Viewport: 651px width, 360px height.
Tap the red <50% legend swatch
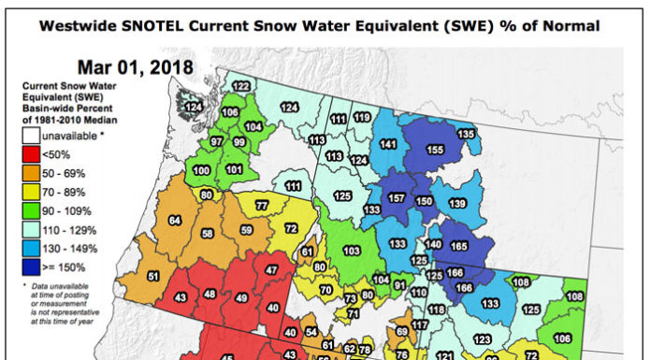[x=33, y=154]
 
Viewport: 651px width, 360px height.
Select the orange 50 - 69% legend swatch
[x=33, y=173]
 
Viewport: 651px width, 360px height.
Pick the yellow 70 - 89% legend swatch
[x=33, y=192]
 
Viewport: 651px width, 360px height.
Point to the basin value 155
[x=435, y=150]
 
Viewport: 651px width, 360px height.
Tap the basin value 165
[x=459, y=246]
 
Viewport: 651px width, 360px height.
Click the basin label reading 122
[x=241, y=87]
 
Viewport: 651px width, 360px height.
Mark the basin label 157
[x=397, y=198]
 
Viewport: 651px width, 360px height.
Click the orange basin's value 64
[x=174, y=221]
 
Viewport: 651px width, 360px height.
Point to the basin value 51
[x=154, y=277]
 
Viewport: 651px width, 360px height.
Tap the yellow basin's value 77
[x=262, y=205]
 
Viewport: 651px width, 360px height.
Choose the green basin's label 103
[x=352, y=252]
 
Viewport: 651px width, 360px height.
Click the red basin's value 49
[x=241, y=297]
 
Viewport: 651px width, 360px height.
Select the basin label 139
[x=457, y=204]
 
